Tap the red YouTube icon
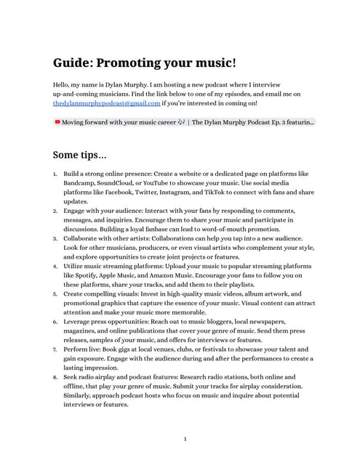(57, 122)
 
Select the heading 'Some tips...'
(79, 155)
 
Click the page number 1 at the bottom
(185, 439)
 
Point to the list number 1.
(55, 174)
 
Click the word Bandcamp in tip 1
(80, 184)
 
